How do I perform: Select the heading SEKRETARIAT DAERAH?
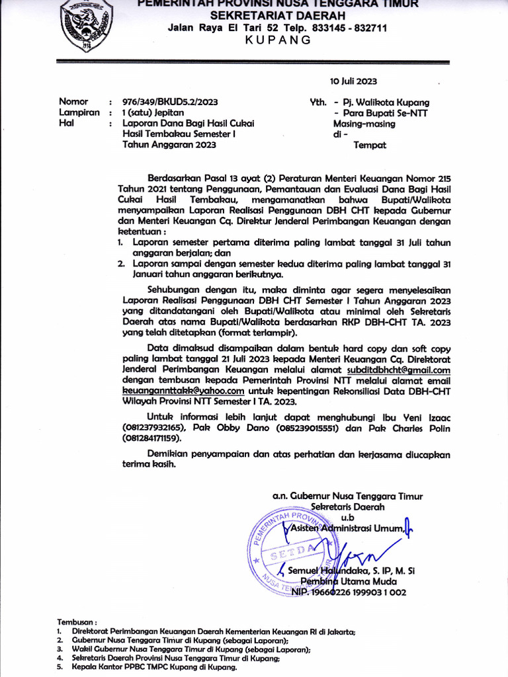coord(277,15)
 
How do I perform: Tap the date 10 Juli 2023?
coord(353,81)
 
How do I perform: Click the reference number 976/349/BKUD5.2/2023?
coord(169,102)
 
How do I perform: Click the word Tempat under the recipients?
coord(370,143)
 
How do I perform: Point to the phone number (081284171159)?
coord(151,438)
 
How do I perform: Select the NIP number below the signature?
coord(349,592)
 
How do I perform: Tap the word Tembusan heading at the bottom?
coord(77,622)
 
